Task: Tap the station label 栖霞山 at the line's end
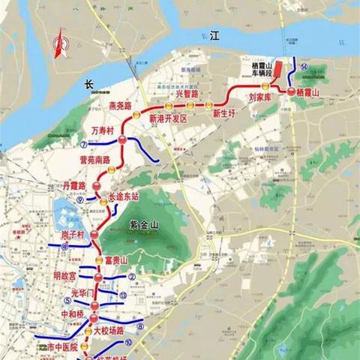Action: click(x=307, y=91)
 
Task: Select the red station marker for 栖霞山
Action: click(x=291, y=91)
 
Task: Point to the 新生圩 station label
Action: click(x=224, y=114)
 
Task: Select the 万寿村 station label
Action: click(x=102, y=131)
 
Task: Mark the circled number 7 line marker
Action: click(x=81, y=144)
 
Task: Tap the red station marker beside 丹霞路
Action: click(x=95, y=184)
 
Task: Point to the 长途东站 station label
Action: click(x=124, y=197)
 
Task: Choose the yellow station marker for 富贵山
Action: click(x=97, y=259)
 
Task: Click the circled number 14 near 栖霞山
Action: click(x=304, y=67)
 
